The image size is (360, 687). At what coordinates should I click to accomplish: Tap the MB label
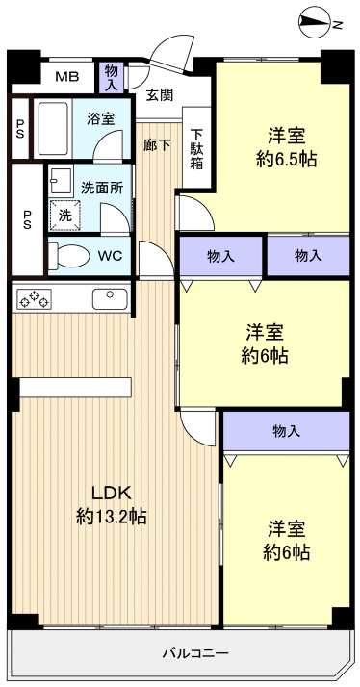coord(66,77)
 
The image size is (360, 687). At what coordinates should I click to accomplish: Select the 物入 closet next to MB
coord(113,77)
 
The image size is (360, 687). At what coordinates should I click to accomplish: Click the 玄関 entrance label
coord(160,94)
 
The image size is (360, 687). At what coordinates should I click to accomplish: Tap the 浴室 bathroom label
coord(101,119)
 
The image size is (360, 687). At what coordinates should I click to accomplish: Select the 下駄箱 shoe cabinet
coord(196,148)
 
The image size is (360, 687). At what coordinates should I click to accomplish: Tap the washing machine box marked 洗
coord(65,216)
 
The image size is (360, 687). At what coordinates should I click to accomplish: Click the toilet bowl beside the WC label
coord(67,257)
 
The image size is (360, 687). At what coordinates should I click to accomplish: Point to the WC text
coord(109,257)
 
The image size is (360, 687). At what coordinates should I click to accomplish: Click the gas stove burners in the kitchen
coord(34,299)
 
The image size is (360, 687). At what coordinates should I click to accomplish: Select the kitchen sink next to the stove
coord(110,298)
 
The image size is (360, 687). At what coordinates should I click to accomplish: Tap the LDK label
coord(111,489)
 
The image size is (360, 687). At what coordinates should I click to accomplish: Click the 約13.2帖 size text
coord(111,516)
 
